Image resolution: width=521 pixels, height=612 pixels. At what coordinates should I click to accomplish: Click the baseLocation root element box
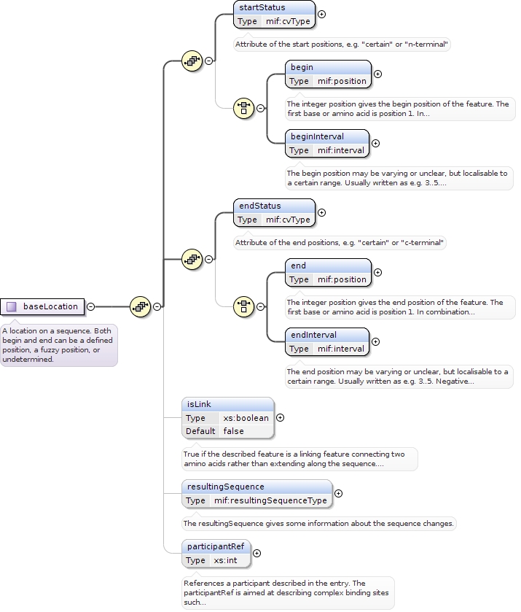[x=43, y=306]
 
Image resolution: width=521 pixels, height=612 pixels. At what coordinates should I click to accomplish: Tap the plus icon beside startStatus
[x=321, y=14]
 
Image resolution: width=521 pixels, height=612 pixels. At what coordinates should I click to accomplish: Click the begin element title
[x=302, y=67]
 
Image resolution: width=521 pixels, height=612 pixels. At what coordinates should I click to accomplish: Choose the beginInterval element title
[x=317, y=136]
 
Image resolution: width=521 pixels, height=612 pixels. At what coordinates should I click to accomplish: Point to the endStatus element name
[x=259, y=206]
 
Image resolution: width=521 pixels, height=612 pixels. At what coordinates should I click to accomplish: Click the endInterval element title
[x=314, y=335]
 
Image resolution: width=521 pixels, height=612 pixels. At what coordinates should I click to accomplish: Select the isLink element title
[x=199, y=404]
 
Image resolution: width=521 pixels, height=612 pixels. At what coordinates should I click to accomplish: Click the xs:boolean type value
[x=246, y=418]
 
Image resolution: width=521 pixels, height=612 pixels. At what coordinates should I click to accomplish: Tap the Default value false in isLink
[x=233, y=431]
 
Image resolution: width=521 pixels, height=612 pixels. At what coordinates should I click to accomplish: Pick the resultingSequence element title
[x=225, y=487]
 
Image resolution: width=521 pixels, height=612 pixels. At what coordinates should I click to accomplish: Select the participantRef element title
[x=215, y=546]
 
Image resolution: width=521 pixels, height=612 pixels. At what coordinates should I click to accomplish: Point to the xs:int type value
[x=225, y=560]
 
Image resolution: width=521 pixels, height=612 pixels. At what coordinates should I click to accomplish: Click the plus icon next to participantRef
[x=256, y=553]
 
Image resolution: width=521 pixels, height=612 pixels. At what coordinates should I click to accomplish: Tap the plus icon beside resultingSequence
[x=338, y=493]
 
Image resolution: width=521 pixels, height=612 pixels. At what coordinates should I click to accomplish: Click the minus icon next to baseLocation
[x=90, y=306]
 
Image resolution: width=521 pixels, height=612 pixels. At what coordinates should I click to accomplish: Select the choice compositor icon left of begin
[x=243, y=108]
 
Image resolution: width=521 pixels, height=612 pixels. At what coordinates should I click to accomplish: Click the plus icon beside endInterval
[x=376, y=341]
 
